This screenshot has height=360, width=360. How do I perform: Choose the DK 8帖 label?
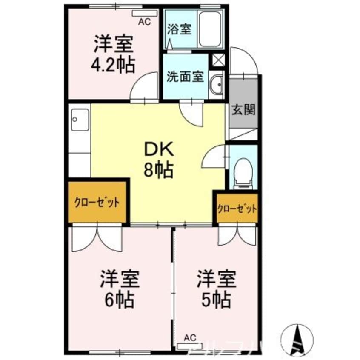[x=159, y=159]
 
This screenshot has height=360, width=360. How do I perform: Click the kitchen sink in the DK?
[x=80, y=120]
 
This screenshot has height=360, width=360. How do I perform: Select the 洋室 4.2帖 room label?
[x=113, y=54]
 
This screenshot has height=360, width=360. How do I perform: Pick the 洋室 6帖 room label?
[x=120, y=289]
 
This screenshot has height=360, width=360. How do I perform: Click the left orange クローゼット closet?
[x=97, y=202]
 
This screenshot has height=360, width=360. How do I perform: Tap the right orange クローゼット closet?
[x=237, y=209]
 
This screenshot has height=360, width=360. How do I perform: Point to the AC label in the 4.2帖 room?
[x=145, y=22]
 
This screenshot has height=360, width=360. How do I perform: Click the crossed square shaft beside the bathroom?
[x=218, y=60]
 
